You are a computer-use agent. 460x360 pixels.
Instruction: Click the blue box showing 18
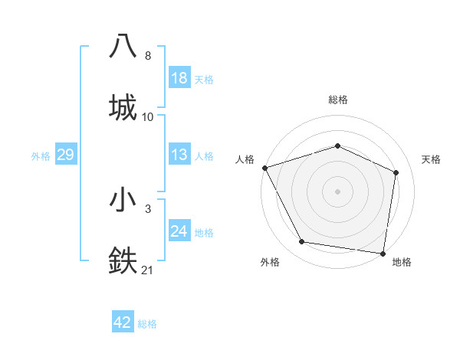tap(179, 78)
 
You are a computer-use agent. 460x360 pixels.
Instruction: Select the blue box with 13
tap(179, 155)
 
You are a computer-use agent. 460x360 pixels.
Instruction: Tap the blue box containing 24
tap(179, 231)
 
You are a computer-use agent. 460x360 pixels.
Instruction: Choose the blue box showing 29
tap(65, 155)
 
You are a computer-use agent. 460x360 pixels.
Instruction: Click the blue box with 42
tap(123, 322)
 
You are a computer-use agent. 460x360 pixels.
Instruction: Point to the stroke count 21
tap(147, 269)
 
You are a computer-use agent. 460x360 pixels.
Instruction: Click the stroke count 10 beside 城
tap(148, 116)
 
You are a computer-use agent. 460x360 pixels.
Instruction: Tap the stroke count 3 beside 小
tap(147, 208)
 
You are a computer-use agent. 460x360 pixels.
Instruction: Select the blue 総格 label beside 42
tap(147, 324)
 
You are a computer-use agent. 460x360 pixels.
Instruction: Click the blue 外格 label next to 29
tap(41, 156)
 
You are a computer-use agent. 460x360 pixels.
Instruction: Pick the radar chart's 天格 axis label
tap(432, 159)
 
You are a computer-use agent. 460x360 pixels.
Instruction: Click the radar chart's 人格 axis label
tap(245, 159)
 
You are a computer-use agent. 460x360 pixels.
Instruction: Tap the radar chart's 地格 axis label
tap(402, 262)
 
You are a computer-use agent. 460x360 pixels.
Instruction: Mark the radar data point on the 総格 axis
tap(337, 146)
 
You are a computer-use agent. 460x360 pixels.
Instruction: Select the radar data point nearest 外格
tap(302, 242)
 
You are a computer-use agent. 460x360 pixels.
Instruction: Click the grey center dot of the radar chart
tap(337, 191)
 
